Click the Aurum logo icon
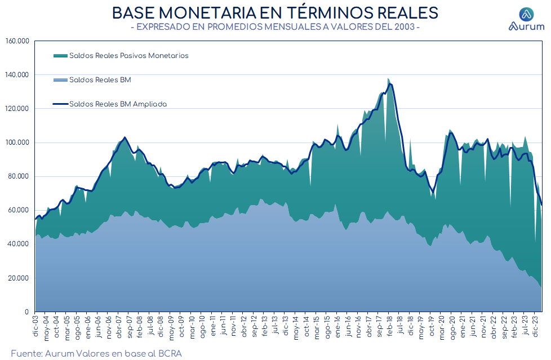(x=526, y=15)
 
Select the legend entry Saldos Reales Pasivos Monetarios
(x=128, y=56)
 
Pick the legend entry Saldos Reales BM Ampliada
(x=118, y=104)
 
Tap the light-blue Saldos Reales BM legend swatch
(x=60, y=80)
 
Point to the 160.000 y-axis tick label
(x=17, y=41)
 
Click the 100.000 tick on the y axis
(x=17, y=143)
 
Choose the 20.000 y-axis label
(x=19, y=278)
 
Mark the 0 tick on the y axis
(x=26, y=312)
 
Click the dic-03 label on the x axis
(x=35, y=326)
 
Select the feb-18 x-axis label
(x=389, y=327)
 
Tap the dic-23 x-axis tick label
(x=535, y=326)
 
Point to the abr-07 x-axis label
(x=119, y=327)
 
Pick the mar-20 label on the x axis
(x=441, y=327)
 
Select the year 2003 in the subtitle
(x=405, y=26)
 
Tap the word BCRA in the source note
(x=170, y=353)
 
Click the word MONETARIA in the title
(x=207, y=13)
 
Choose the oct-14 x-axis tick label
(x=306, y=327)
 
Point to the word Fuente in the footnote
(x=26, y=353)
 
